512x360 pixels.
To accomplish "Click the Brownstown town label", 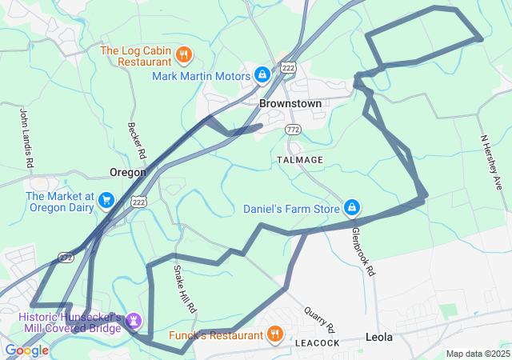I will [x=290, y=104].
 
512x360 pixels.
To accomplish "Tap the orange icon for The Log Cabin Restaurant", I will [x=184, y=54].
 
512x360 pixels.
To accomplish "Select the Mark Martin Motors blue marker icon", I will [x=262, y=75].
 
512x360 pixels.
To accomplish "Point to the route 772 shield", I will [x=293, y=130].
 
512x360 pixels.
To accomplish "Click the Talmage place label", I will [x=300, y=160].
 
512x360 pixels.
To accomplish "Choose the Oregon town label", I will [x=128, y=172].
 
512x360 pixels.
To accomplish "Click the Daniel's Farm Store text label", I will [x=292, y=210].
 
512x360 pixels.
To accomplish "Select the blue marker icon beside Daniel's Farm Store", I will [x=350, y=209].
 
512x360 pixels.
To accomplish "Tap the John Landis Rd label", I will [x=26, y=138].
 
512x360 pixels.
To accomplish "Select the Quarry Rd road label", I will [x=320, y=318].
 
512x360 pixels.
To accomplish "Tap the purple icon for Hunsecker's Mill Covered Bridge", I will [x=134, y=321].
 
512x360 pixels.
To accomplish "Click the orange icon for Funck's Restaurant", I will [x=274, y=334].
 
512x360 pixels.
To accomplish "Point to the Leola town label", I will [x=379, y=338].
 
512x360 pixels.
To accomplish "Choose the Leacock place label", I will [x=317, y=342].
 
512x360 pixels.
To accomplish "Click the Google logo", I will [x=26, y=350].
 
